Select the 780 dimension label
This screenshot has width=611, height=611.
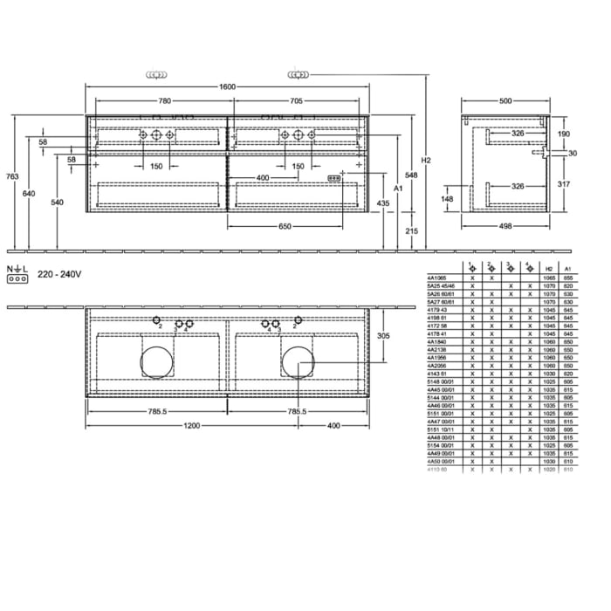point(163,100)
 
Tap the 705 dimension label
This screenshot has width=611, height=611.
point(297,100)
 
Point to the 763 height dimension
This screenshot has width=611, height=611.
point(12,176)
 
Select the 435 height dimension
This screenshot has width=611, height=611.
point(382,203)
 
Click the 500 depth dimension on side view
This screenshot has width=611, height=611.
point(505,100)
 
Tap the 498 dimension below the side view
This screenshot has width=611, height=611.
point(505,225)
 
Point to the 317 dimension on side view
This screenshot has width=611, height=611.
point(563,183)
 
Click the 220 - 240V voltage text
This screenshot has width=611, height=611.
point(58,274)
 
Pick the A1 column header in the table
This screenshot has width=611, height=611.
point(568,268)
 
